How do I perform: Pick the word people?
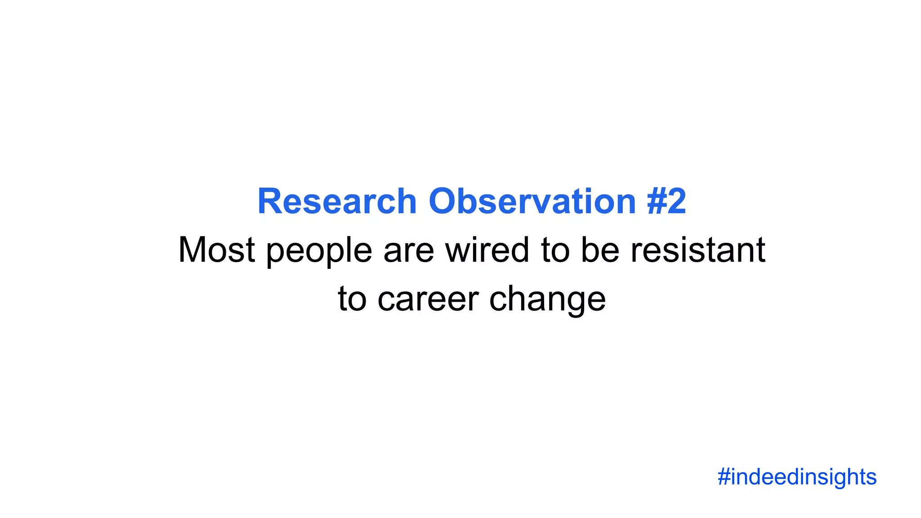319,251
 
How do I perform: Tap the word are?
408,251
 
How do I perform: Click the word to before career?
352,299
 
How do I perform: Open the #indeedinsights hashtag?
797,477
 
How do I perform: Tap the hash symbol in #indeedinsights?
724,477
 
